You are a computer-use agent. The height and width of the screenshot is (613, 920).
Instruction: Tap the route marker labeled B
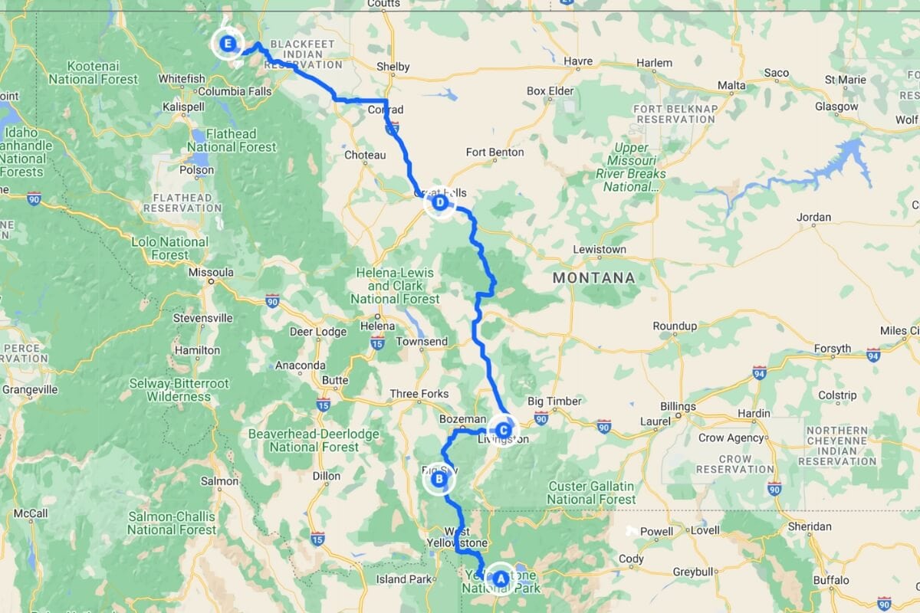pos(439,480)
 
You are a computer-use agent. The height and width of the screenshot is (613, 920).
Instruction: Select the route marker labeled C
pos(503,430)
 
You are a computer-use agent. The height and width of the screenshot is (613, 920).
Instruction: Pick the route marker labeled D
pos(439,204)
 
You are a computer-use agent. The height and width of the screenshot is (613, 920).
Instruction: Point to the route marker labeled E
pos(227,44)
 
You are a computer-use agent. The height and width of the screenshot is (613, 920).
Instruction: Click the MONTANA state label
pos(594,277)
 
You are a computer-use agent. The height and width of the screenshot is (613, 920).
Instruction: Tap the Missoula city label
pos(212,272)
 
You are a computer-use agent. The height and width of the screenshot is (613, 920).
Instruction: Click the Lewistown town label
pos(600,250)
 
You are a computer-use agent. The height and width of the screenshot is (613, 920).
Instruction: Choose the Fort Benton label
pos(495,152)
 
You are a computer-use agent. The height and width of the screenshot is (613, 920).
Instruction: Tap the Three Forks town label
pos(419,394)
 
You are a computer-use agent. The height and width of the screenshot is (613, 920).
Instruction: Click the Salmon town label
pos(219,481)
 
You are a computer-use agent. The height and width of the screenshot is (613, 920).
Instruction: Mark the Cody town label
pos(631,559)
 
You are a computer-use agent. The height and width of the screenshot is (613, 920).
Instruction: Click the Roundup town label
pos(675,326)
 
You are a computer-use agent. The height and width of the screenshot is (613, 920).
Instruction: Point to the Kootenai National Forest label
pos(94,73)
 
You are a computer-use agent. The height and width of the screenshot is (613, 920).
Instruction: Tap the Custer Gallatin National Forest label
pos(592,493)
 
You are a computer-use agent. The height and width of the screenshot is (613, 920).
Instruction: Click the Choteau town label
pos(365,155)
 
